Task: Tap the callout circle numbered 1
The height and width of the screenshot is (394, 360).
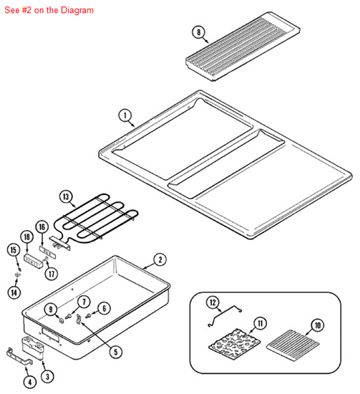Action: click(125, 115)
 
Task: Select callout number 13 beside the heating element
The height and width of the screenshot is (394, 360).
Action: click(66, 196)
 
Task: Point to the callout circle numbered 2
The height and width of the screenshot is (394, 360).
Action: click(160, 259)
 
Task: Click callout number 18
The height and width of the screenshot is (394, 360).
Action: click(26, 237)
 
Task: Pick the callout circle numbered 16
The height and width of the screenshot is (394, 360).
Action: click(42, 226)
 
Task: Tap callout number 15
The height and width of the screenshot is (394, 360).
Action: click(13, 249)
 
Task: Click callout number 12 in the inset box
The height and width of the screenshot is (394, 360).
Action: click(212, 303)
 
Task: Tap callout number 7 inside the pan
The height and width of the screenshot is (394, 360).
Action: click(83, 302)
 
